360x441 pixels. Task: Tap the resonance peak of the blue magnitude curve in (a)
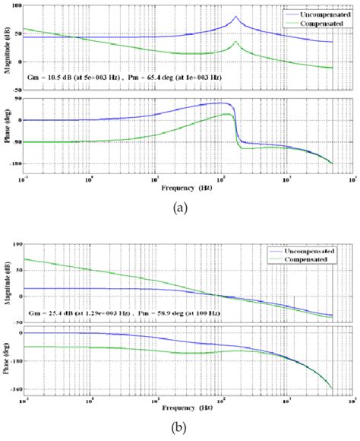coord(235,17)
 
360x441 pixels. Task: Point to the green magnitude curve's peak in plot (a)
coord(235,43)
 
